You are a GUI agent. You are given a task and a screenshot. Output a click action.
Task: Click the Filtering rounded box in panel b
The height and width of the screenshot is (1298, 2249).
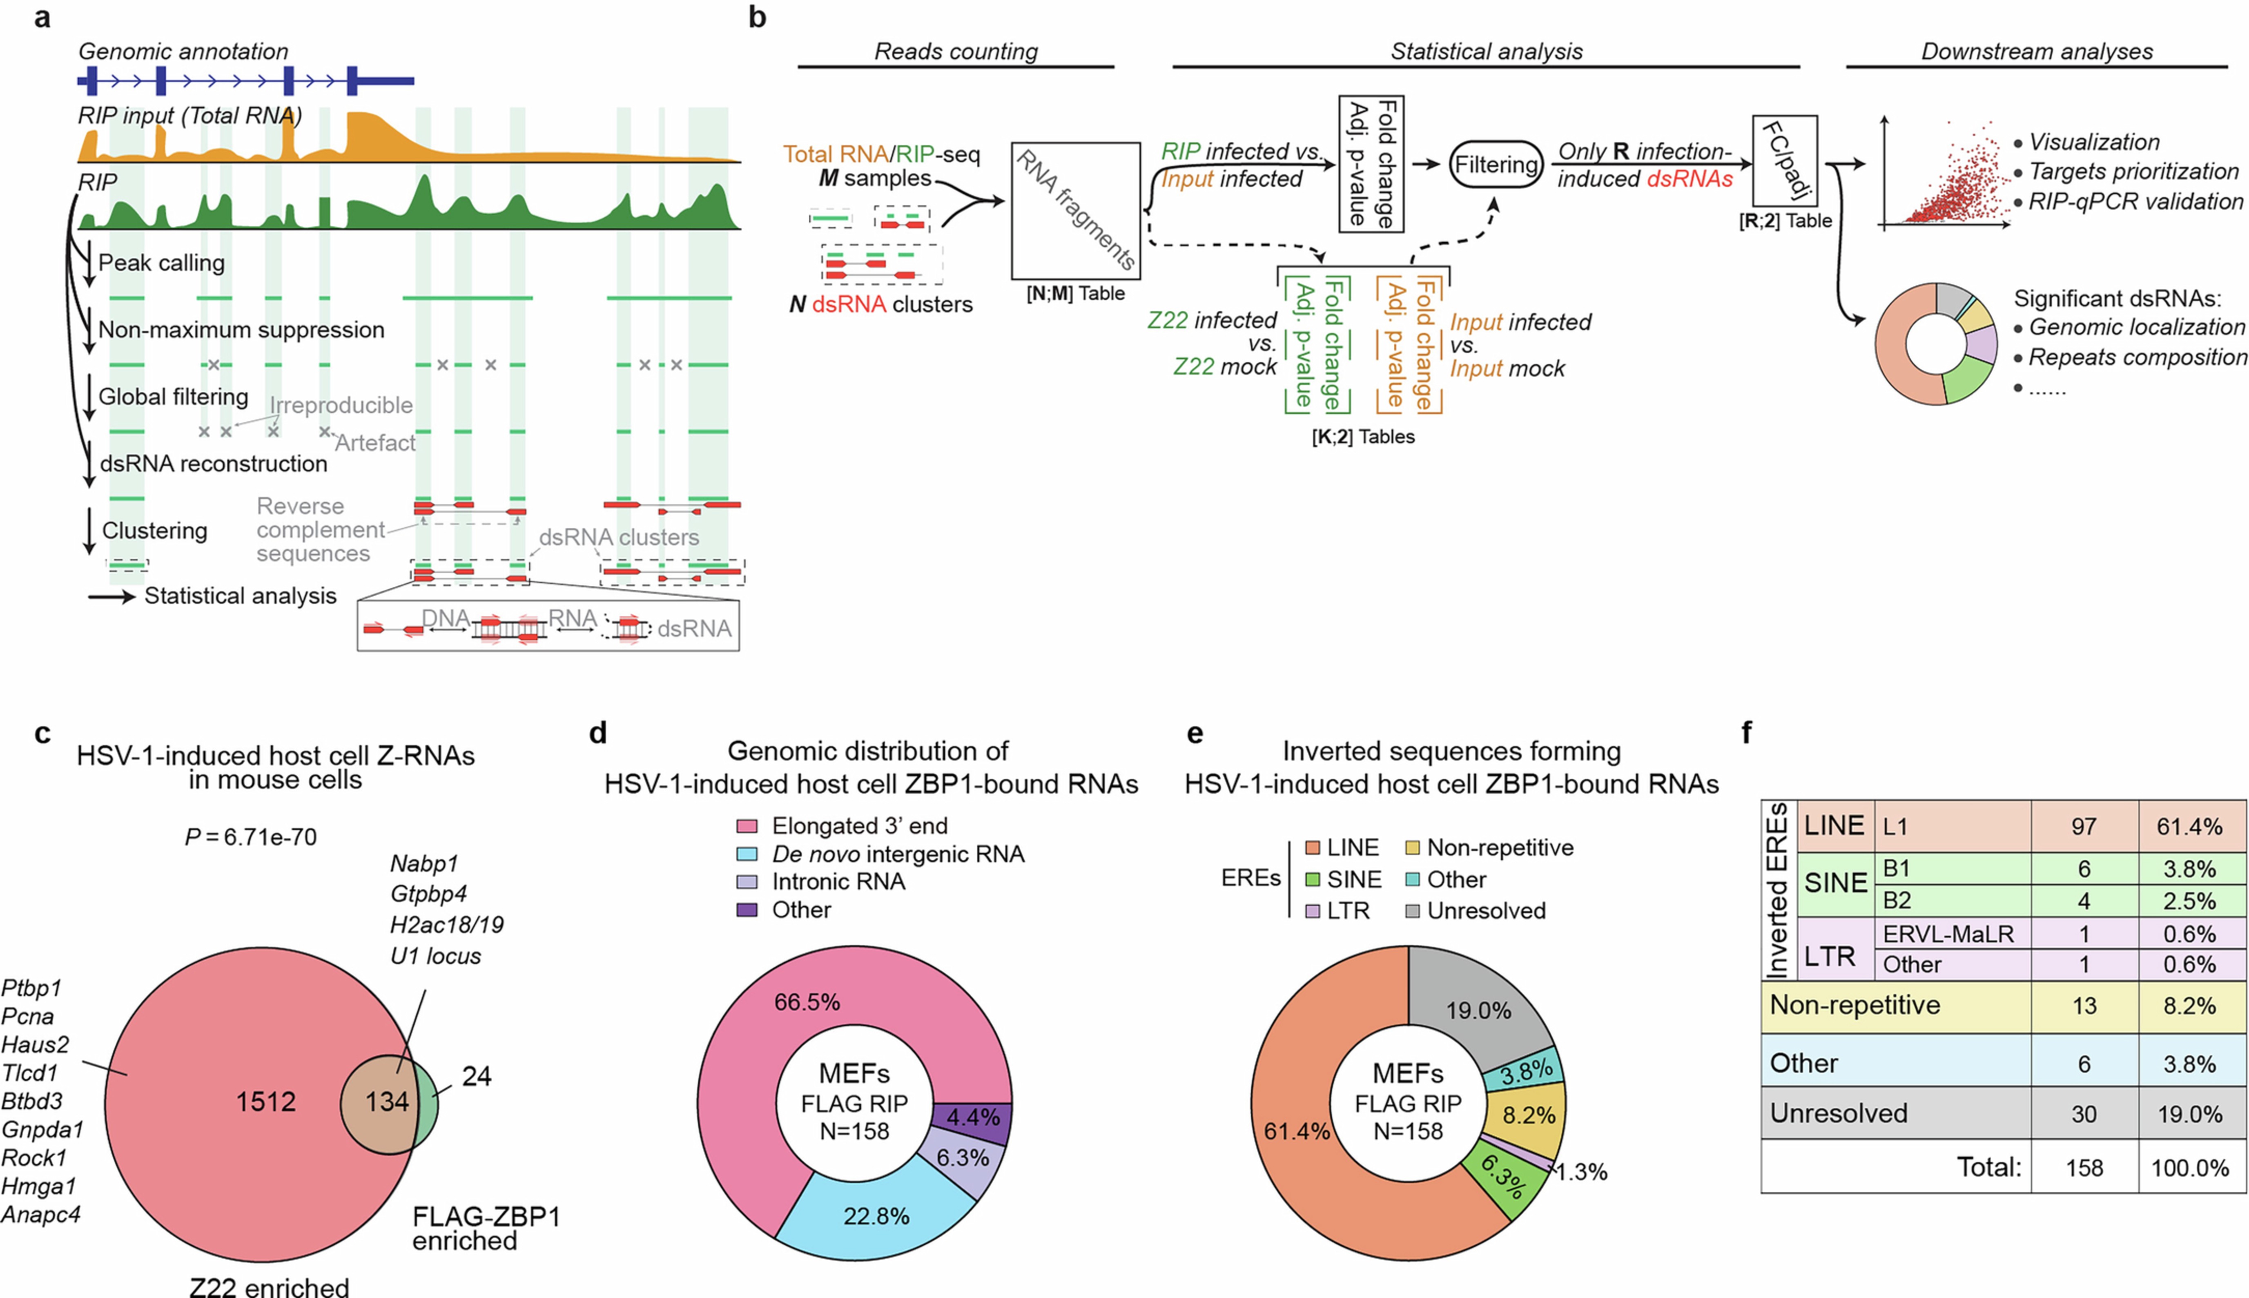tap(1496, 165)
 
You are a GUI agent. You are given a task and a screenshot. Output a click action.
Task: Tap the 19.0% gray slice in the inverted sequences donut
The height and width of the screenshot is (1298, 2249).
tap(1478, 1010)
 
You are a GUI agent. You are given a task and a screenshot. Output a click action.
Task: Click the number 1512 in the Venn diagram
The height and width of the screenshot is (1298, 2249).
tap(265, 1102)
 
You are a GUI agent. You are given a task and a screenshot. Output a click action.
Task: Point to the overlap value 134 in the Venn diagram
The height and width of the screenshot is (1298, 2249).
tap(387, 1102)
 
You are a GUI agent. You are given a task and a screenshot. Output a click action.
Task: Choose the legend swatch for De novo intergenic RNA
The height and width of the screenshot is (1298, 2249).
tap(747, 854)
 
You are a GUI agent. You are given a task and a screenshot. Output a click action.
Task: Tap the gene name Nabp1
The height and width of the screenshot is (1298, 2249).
tap(424, 864)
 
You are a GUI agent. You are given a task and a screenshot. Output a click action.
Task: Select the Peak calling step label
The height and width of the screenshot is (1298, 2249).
tap(161, 263)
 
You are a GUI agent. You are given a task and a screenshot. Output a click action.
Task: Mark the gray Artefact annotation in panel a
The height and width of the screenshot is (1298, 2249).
tap(375, 443)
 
